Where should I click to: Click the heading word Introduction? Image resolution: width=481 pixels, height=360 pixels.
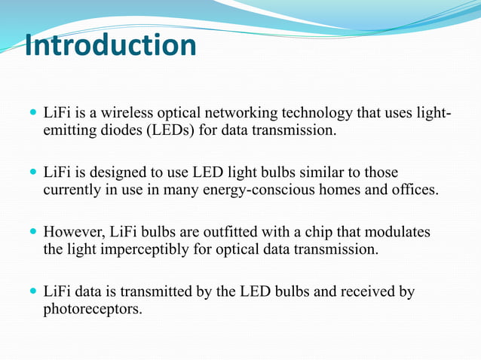(x=110, y=45)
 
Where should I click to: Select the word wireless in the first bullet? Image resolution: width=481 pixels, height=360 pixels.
(x=140, y=114)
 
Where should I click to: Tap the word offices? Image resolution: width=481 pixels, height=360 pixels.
(x=414, y=189)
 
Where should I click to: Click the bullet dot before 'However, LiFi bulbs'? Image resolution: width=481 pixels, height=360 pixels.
(x=32, y=232)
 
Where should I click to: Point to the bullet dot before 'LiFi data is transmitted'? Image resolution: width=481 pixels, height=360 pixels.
(x=32, y=291)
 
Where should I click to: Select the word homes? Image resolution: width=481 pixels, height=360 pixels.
(x=344, y=189)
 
